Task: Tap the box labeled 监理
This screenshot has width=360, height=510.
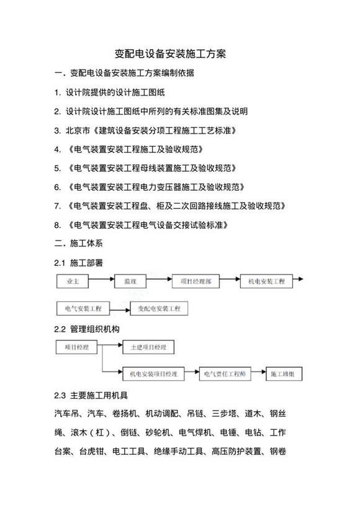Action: [x=131, y=281]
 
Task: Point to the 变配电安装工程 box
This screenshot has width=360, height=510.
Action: [x=159, y=308]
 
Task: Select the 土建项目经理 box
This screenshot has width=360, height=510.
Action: [x=148, y=347]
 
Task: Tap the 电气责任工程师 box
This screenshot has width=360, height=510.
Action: [x=224, y=374]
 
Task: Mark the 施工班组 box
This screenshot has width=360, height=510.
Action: [x=284, y=374]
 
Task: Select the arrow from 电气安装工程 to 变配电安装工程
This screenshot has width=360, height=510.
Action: [x=120, y=308]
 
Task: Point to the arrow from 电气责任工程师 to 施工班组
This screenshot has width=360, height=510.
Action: [x=259, y=374]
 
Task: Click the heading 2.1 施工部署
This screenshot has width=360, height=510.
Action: [x=78, y=263]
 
